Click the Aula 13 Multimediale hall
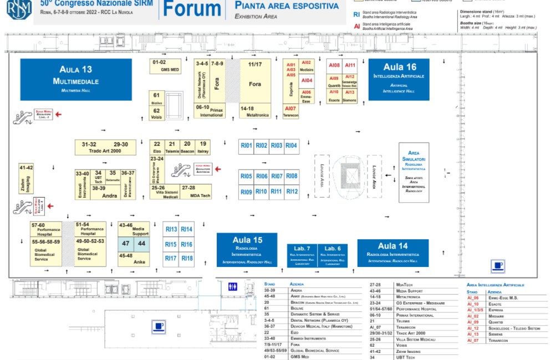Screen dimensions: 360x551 [x=76, y=79]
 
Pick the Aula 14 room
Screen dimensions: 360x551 [x=392, y=253]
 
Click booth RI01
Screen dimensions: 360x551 [x=246, y=146]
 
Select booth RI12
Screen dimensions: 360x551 [x=292, y=192]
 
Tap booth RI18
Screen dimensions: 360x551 [x=187, y=259]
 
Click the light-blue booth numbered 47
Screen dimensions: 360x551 [x=126, y=244]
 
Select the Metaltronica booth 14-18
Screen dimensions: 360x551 [x=255, y=111]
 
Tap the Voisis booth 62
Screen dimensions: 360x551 [x=156, y=113]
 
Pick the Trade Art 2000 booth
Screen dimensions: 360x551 [x=105, y=148]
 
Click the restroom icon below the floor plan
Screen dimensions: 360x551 [x=233, y=286]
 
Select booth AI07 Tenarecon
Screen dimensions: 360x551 [x=291, y=111]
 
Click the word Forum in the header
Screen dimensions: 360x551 [x=192, y=9]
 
